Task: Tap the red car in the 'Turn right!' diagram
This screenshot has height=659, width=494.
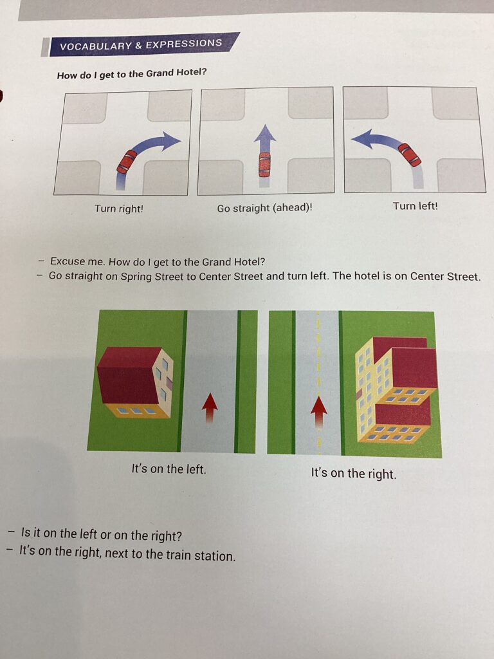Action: pos(127,162)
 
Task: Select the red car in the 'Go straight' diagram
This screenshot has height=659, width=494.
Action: pos(264,164)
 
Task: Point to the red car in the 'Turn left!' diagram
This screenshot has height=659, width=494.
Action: pos(409,154)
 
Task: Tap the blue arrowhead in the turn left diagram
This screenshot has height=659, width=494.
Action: pos(361,139)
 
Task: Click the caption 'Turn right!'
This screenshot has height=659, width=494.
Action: pos(119,209)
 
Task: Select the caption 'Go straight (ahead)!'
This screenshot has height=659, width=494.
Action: pos(264,208)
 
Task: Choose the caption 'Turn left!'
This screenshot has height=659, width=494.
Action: pos(416,207)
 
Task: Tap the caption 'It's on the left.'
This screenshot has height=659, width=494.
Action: pos(169,469)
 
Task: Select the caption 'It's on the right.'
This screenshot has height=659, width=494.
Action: pos(354,473)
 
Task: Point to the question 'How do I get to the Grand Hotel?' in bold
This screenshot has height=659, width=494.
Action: pos(132,74)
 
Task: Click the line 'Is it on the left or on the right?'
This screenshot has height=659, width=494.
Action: pos(102,535)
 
